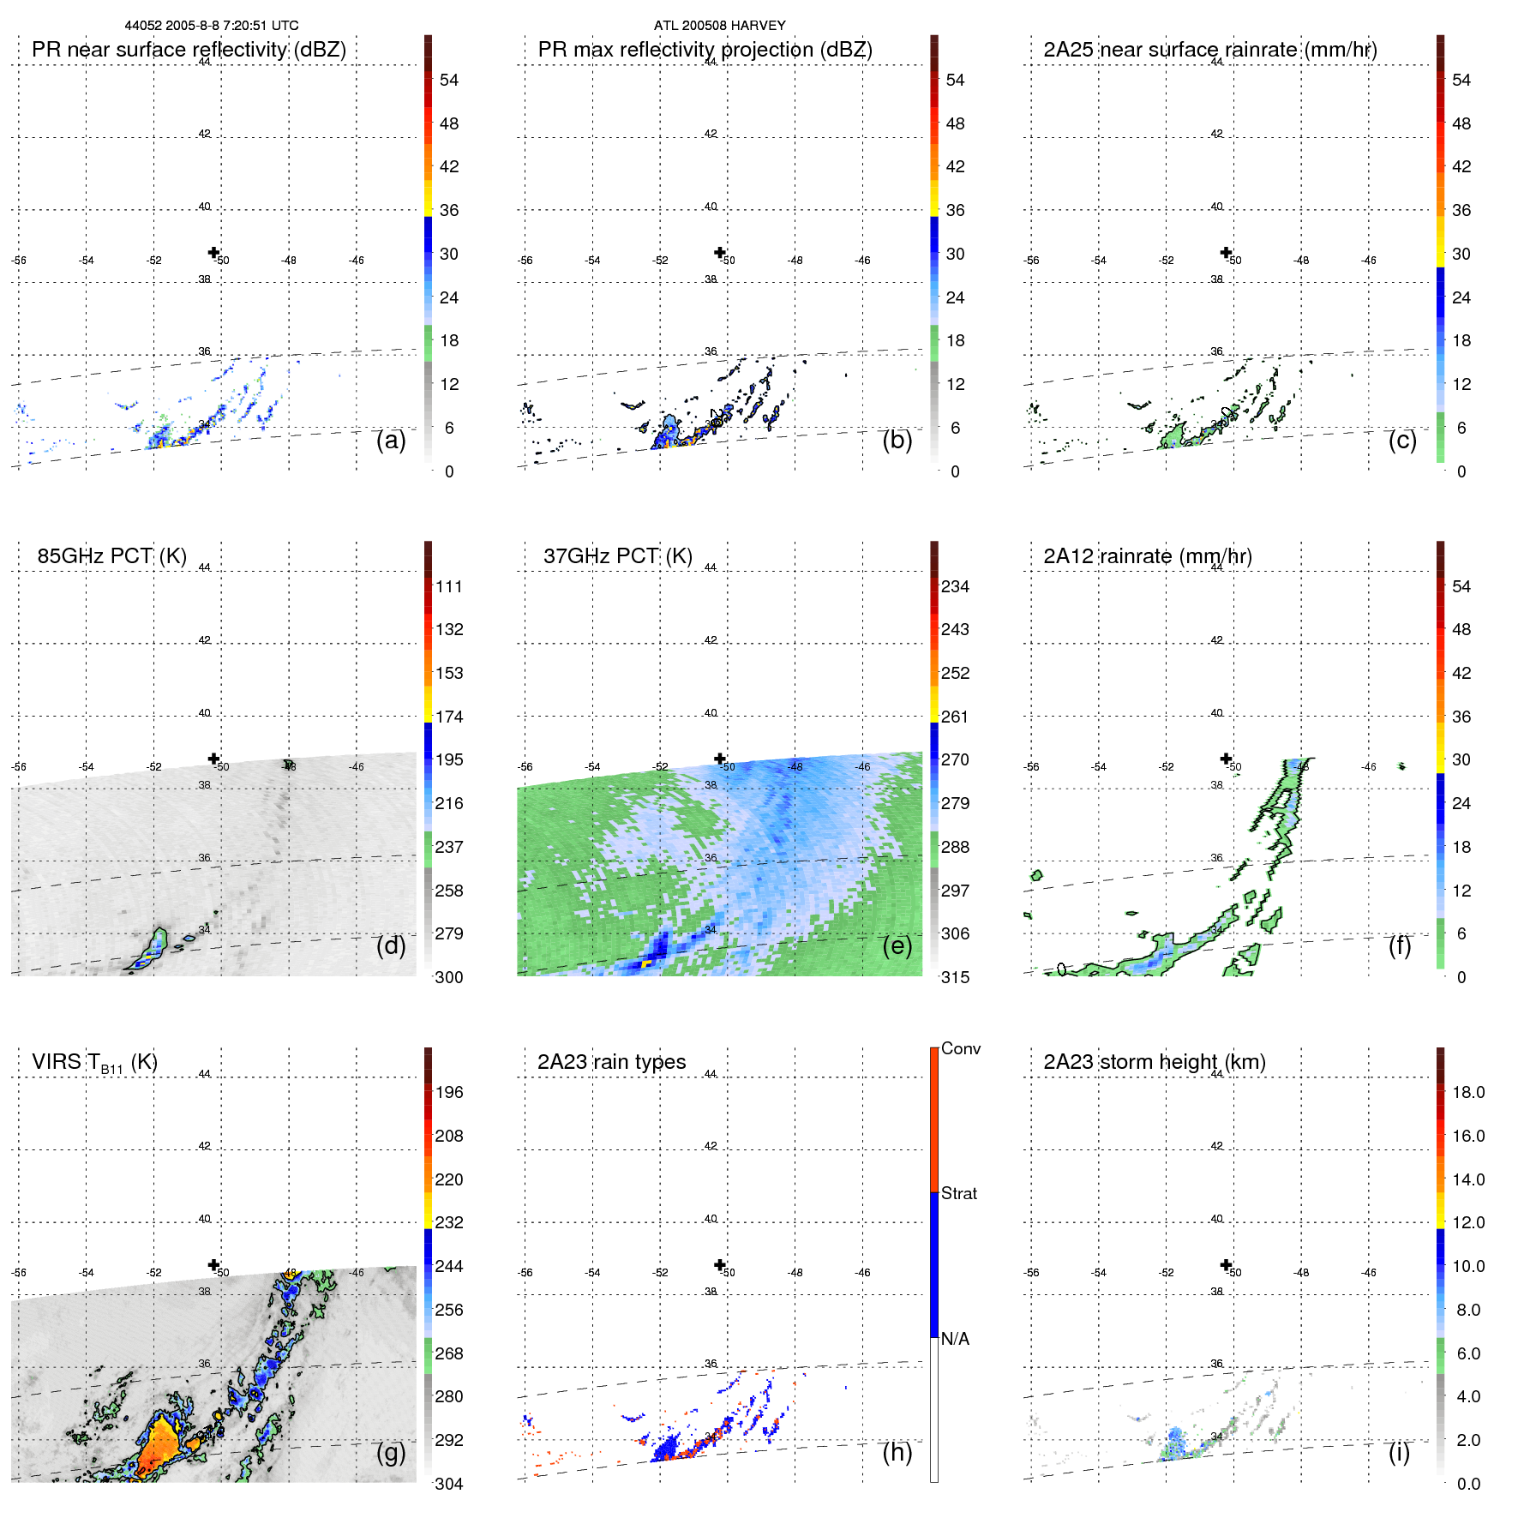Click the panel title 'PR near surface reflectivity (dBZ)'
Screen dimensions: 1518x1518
pyautogui.click(x=189, y=50)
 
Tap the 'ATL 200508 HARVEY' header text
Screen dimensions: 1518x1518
pyautogui.click(x=719, y=26)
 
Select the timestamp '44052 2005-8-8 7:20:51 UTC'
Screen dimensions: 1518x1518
pyautogui.click(x=212, y=26)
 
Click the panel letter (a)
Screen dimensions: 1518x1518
pyautogui.click(x=391, y=440)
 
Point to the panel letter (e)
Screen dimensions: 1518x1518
pyautogui.click(x=897, y=945)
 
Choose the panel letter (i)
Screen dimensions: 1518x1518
pyautogui.click(x=1399, y=1452)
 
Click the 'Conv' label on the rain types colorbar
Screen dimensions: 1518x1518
pyautogui.click(x=960, y=1049)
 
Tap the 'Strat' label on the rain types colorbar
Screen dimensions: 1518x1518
pyautogui.click(x=958, y=1194)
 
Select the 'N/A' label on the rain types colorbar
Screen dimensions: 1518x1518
pyautogui.click(x=955, y=1339)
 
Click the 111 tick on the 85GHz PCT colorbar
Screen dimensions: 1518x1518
pyautogui.click(x=449, y=587)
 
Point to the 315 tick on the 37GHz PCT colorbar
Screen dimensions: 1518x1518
pyautogui.click(x=955, y=978)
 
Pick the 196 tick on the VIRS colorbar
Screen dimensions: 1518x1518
pyautogui.click(x=449, y=1093)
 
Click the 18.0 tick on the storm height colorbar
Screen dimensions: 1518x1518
pyautogui.click(x=1468, y=1093)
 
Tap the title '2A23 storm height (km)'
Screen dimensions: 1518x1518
pyautogui.click(x=1155, y=1062)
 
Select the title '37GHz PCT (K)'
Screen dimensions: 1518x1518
pyautogui.click(x=617, y=556)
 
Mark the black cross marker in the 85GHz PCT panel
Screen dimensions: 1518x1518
pyautogui.click(x=214, y=759)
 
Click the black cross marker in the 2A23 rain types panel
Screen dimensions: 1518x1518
pyautogui.click(x=720, y=1264)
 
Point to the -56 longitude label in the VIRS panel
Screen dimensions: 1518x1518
pyautogui.click(x=19, y=1273)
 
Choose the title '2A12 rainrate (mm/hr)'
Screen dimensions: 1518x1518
pyautogui.click(x=1148, y=556)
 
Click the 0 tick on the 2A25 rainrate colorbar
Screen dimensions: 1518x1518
pyautogui.click(x=1461, y=471)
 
